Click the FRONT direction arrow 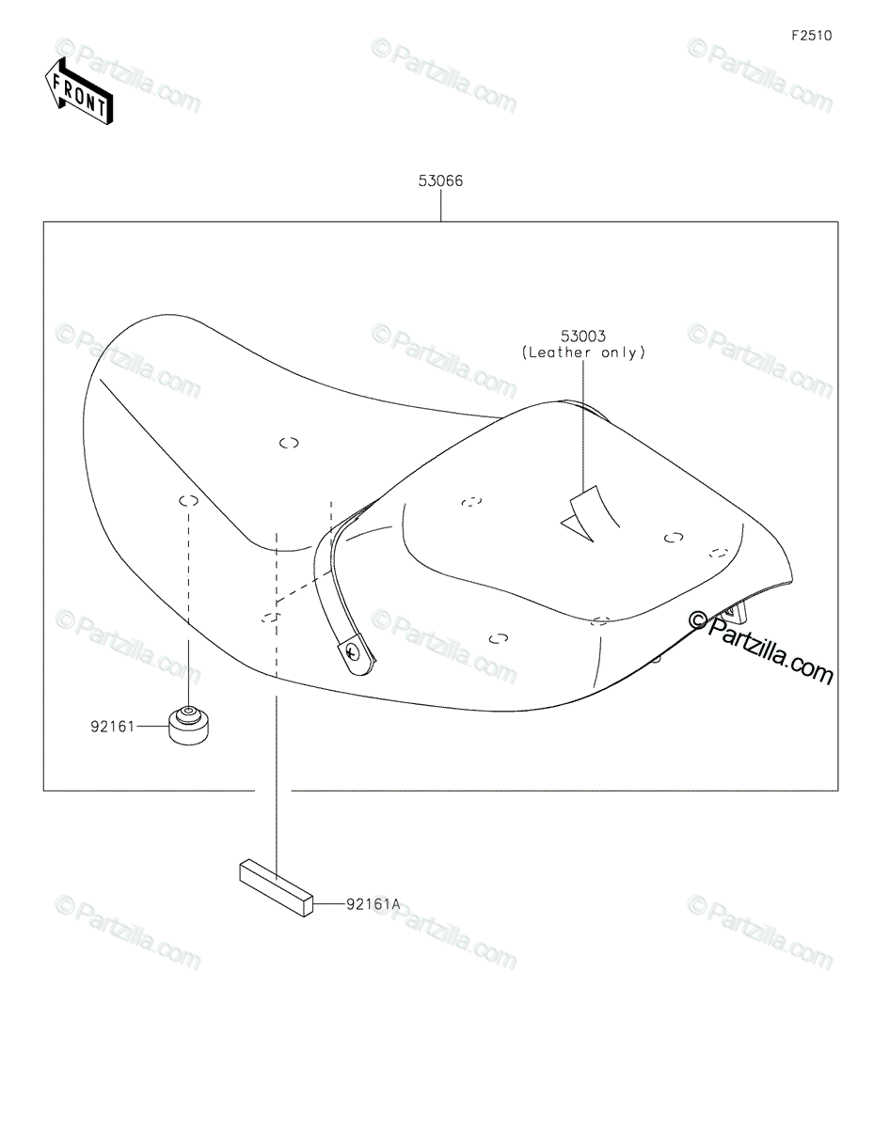pos(78,90)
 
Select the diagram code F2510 pos(811,37)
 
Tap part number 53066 pos(440,180)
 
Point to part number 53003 pos(583,336)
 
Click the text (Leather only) pos(583,352)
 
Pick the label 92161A pos(373,903)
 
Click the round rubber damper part pos(189,725)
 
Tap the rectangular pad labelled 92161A pos(275,885)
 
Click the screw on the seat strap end pos(354,650)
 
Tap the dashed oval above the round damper pos(188,500)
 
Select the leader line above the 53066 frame pos(440,206)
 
